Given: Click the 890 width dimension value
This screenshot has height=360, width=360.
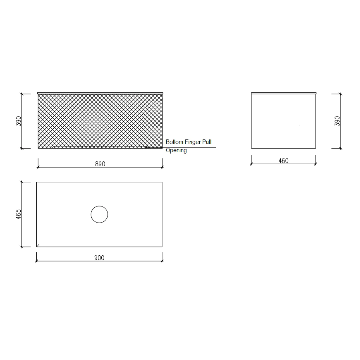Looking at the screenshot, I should [100, 164].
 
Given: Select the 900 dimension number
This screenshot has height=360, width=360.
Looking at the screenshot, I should [99, 258].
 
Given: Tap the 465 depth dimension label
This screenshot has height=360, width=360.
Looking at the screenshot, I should [19, 214].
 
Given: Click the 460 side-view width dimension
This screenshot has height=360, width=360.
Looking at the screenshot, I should [283, 161].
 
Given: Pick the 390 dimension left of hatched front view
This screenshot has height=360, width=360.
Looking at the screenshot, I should [19, 121].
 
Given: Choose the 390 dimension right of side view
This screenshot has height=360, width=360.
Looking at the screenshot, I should [337, 121].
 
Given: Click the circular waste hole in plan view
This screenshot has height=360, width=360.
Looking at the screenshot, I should [99, 214].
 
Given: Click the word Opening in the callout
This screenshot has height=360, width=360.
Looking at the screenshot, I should [176, 150].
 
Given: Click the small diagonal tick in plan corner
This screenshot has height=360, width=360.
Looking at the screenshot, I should [38, 245].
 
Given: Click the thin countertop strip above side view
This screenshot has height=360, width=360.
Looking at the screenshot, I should [284, 93].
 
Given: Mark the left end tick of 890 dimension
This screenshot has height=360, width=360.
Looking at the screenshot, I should [38, 167].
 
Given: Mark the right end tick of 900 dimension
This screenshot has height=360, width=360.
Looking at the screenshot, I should [162, 261].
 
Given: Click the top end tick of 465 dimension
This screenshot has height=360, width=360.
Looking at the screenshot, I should [22, 182].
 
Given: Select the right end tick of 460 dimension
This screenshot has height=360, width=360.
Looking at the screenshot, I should [315, 164].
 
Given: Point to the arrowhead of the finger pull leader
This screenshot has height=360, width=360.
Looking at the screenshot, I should [146, 147].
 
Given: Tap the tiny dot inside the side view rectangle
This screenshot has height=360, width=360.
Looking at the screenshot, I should [299, 125].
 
